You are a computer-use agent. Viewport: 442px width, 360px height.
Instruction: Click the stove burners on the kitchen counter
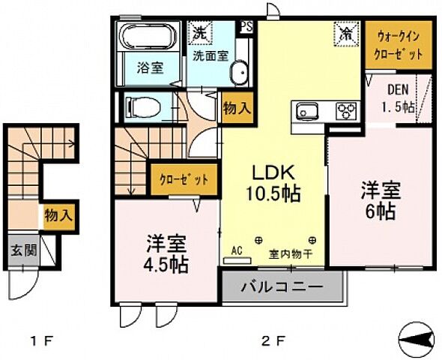tap(347, 111)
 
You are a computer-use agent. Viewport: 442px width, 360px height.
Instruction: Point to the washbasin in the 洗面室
tap(239, 73)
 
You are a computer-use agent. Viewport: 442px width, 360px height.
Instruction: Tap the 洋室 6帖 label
tap(381, 199)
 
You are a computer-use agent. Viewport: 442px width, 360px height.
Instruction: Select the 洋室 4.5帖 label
tap(166, 255)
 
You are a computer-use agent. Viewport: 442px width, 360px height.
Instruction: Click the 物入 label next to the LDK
tap(237, 108)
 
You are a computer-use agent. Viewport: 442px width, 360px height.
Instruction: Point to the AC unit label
tap(237, 251)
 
